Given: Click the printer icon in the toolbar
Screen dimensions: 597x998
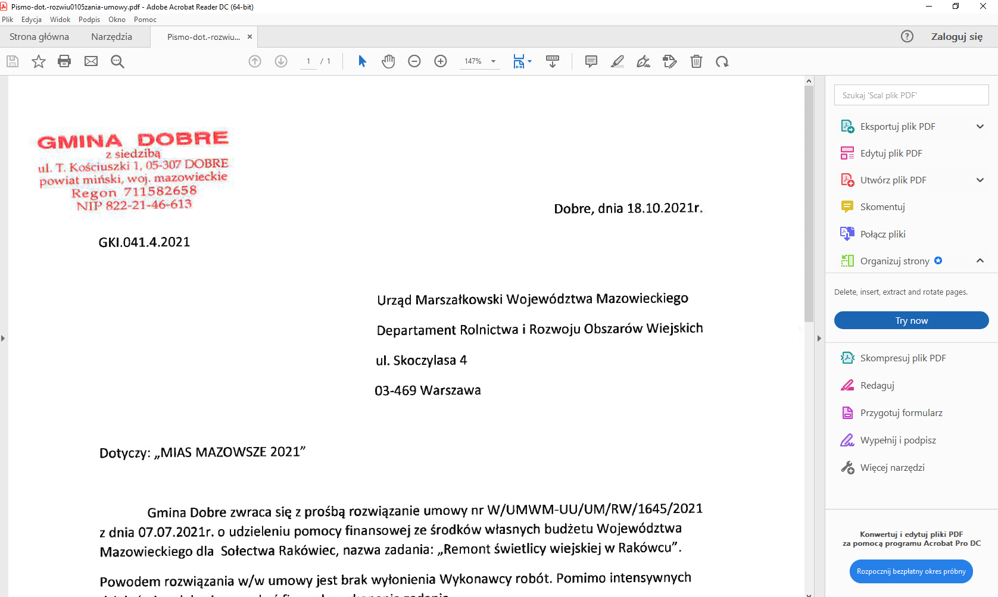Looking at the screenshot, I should (x=64, y=61).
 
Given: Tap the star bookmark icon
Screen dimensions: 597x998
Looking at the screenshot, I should (x=39, y=61).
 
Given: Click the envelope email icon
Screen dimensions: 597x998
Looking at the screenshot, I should (x=91, y=61).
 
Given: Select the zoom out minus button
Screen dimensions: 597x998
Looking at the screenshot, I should (x=414, y=61).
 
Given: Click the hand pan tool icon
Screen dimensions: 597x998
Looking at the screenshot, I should (x=388, y=61).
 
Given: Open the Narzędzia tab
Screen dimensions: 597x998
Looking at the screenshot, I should (x=111, y=37).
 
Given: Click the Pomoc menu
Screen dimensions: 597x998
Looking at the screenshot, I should (x=145, y=20).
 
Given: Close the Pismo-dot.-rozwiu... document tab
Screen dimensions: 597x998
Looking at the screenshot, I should (x=250, y=37).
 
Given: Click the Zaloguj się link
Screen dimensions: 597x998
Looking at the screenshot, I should (x=956, y=37).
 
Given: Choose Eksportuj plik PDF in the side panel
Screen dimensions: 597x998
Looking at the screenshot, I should (x=897, y=127).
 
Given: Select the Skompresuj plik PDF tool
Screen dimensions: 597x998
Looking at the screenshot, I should (x=903, y=358).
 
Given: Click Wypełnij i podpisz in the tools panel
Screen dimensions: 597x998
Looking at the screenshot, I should (x=897, y=440).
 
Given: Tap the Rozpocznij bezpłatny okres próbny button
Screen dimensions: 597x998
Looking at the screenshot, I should (x=911, y=571).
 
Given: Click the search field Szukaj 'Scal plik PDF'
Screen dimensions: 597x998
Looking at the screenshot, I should (x=911, y=95).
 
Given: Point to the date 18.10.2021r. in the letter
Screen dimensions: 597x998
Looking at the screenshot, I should (x=665, y=208).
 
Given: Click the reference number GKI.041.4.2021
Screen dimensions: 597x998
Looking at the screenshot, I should (x=144, y=242).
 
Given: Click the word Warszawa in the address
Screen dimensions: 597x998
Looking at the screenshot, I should (x=450, y=390).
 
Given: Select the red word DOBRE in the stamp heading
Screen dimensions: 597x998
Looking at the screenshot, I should (x=183, y=139).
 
